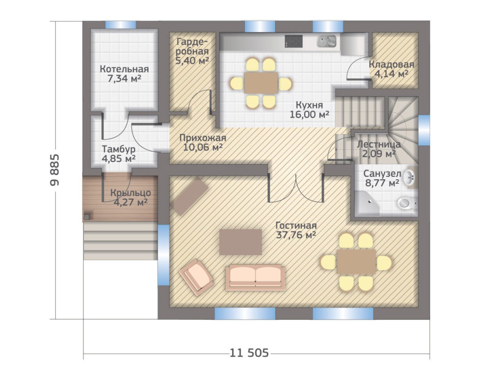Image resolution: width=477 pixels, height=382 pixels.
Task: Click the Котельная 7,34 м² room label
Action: (x=124, y=74)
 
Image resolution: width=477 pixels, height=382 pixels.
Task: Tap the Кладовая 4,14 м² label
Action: (x=391, y=69)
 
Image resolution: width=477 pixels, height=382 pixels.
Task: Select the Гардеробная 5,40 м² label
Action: (x=192, y=51)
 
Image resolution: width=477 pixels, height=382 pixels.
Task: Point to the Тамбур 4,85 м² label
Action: (x=119, y=154)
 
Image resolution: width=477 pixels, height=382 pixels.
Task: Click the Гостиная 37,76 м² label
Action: (x=296, y=230)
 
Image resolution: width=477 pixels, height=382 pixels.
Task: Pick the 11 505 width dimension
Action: (x=249, y=353)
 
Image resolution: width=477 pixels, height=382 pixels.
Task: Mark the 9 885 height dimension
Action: (x=55, y=170)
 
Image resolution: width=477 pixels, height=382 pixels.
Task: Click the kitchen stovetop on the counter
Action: (x=293, y=41)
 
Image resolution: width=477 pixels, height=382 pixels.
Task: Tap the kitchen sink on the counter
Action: (x=327, y=41)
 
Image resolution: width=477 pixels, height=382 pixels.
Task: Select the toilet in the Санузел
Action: (x=407, y=203)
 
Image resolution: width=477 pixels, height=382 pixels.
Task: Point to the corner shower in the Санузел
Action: (x=367, y=203)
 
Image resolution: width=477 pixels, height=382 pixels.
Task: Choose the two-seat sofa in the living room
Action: (x=255, y=277)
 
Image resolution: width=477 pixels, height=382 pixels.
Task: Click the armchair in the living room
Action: (x=197, y=277)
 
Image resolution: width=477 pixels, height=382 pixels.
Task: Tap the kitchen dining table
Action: (x=261, y=83)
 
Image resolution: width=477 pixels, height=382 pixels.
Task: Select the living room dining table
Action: (x=356, y=262)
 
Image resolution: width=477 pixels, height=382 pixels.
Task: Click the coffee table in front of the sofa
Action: (x=241, y=242)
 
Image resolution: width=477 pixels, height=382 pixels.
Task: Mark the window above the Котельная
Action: (x=121, y=25)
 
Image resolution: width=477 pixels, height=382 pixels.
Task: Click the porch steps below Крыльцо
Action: (x=121, y=241)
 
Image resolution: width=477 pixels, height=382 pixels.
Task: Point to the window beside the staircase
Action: (x=424, y=130)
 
